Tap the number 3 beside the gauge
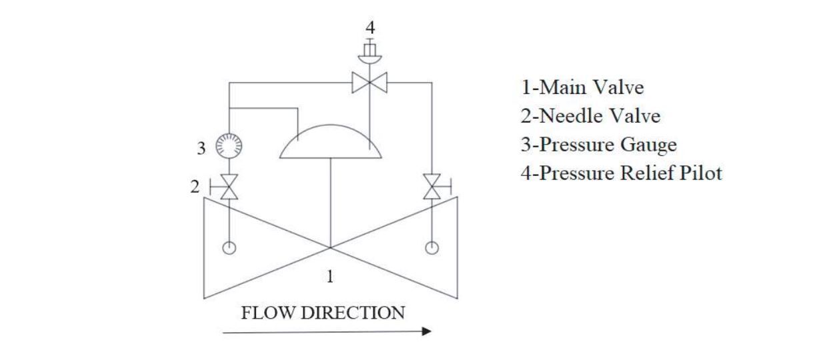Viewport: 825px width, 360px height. [x=201, y=149]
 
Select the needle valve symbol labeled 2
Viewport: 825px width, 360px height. [x=229, y=187]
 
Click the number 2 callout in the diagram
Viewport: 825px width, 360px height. [x=195, y=187]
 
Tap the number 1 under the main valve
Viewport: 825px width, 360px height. [x=329, y=277]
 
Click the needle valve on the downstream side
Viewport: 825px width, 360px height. [x=432, y=187]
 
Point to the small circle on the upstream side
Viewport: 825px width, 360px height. [x=229, y=248]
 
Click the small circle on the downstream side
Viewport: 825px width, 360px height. [x=432, y=248]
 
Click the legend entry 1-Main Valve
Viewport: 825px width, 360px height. [x=582, y=87]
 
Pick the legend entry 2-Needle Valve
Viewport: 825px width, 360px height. [x=590, y=116]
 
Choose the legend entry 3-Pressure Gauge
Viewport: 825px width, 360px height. [x=598, y=145]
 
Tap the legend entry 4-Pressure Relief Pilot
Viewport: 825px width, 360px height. [x=622, y=173]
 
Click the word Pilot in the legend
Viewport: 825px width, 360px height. [x=700, y=173]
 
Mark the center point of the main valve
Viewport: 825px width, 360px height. [x=330, y=247]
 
